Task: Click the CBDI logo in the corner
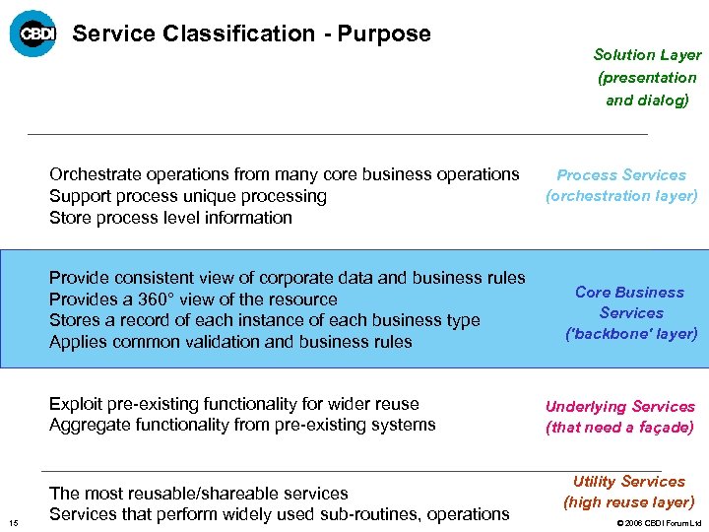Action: [x=32, y=33]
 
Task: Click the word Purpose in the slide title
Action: [x=384, y=33]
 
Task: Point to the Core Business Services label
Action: [x=630, y=312]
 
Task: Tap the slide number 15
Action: [x=11, y=521]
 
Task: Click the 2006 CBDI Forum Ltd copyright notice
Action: [x=659, y=522]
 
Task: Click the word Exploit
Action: [x=75, y=404]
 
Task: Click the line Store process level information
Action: [x=170, y=218]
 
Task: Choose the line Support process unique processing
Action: [x=187, y=196]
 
